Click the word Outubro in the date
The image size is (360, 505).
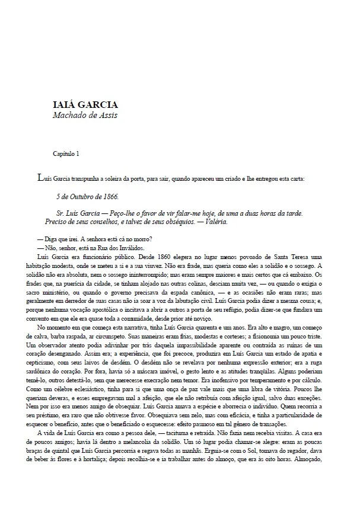80,196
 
